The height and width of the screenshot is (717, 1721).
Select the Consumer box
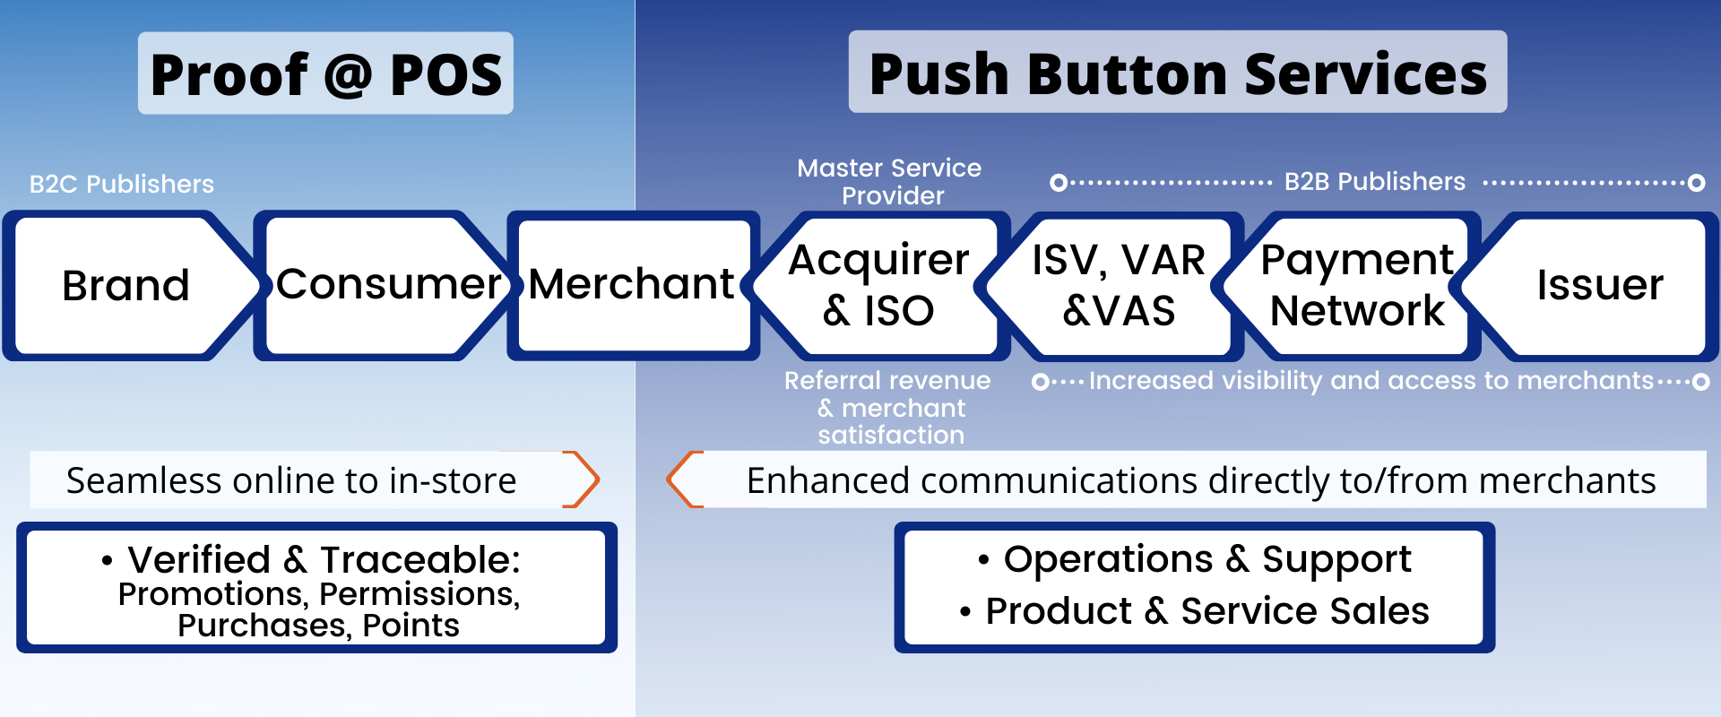coord(385,286)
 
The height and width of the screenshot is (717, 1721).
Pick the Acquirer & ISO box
coord(878,286)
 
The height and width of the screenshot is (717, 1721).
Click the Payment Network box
coord(1355,286)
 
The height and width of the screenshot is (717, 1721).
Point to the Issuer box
coord(1596,286)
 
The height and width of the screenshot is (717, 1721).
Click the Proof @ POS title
coord(326,73)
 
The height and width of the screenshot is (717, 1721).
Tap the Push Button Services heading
coord(1178,73)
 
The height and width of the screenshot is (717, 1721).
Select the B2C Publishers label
coord(122,185)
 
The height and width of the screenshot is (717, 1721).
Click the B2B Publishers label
coord(1375,182)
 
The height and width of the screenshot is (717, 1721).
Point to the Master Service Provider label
coord(890,182)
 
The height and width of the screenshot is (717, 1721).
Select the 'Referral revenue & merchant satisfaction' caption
coord(888,408)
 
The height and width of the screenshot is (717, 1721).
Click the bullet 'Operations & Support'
coord(1195,559)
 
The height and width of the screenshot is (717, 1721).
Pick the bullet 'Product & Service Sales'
coord(1195,611)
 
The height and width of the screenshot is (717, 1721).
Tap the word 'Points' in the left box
coord(411,626)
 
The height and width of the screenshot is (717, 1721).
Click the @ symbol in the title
coord(349,75)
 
